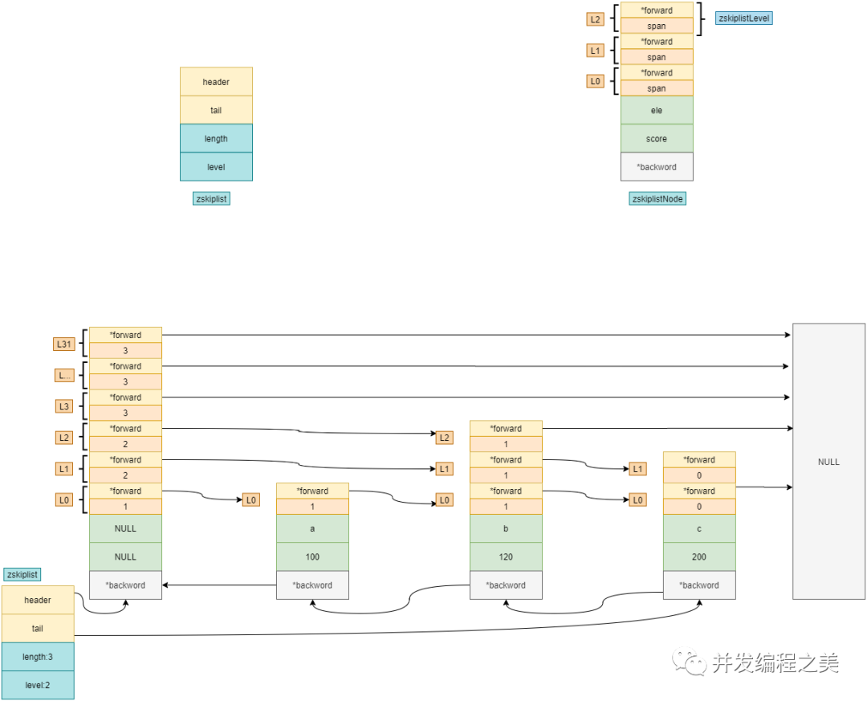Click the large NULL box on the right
[x=828, y=461]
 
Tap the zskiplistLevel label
[x=743, y=18]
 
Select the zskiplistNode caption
[x=657, y=198]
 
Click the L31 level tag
[x=64, y=344]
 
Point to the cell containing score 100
[x=312, y=556]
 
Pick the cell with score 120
[x=506, y=556]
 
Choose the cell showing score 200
[x=699, y=556]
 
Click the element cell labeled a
[x=312, y=528]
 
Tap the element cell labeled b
[x=506, y=528]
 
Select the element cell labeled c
[x=699, y=528]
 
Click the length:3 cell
[x=38, y=657]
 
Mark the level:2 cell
[x=38, y=685]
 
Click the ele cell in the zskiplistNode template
[x=657, y=110]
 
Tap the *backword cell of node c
[x=699, y=585]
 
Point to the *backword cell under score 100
[x=312, y=585]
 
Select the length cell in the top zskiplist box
[x=216, y=138]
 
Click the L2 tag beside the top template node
[x=595, y=18]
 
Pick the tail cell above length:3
[x=38, y=628]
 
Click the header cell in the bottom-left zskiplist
[x=38, y=600]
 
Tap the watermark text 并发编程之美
[x=775, y=662]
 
